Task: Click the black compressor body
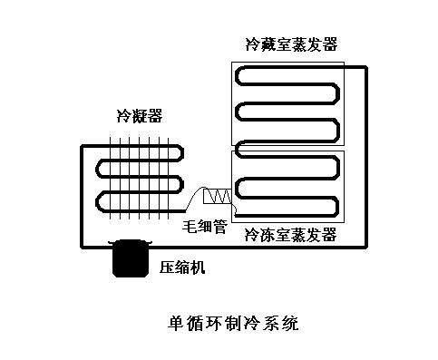coord(129,260)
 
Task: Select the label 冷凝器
coord(136,115)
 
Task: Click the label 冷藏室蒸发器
coord(290,44)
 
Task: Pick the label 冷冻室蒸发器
coord(291,236)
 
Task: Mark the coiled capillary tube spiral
coord(219,196)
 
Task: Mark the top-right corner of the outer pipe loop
coord(366,65)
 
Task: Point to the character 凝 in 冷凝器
coord(136,115)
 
